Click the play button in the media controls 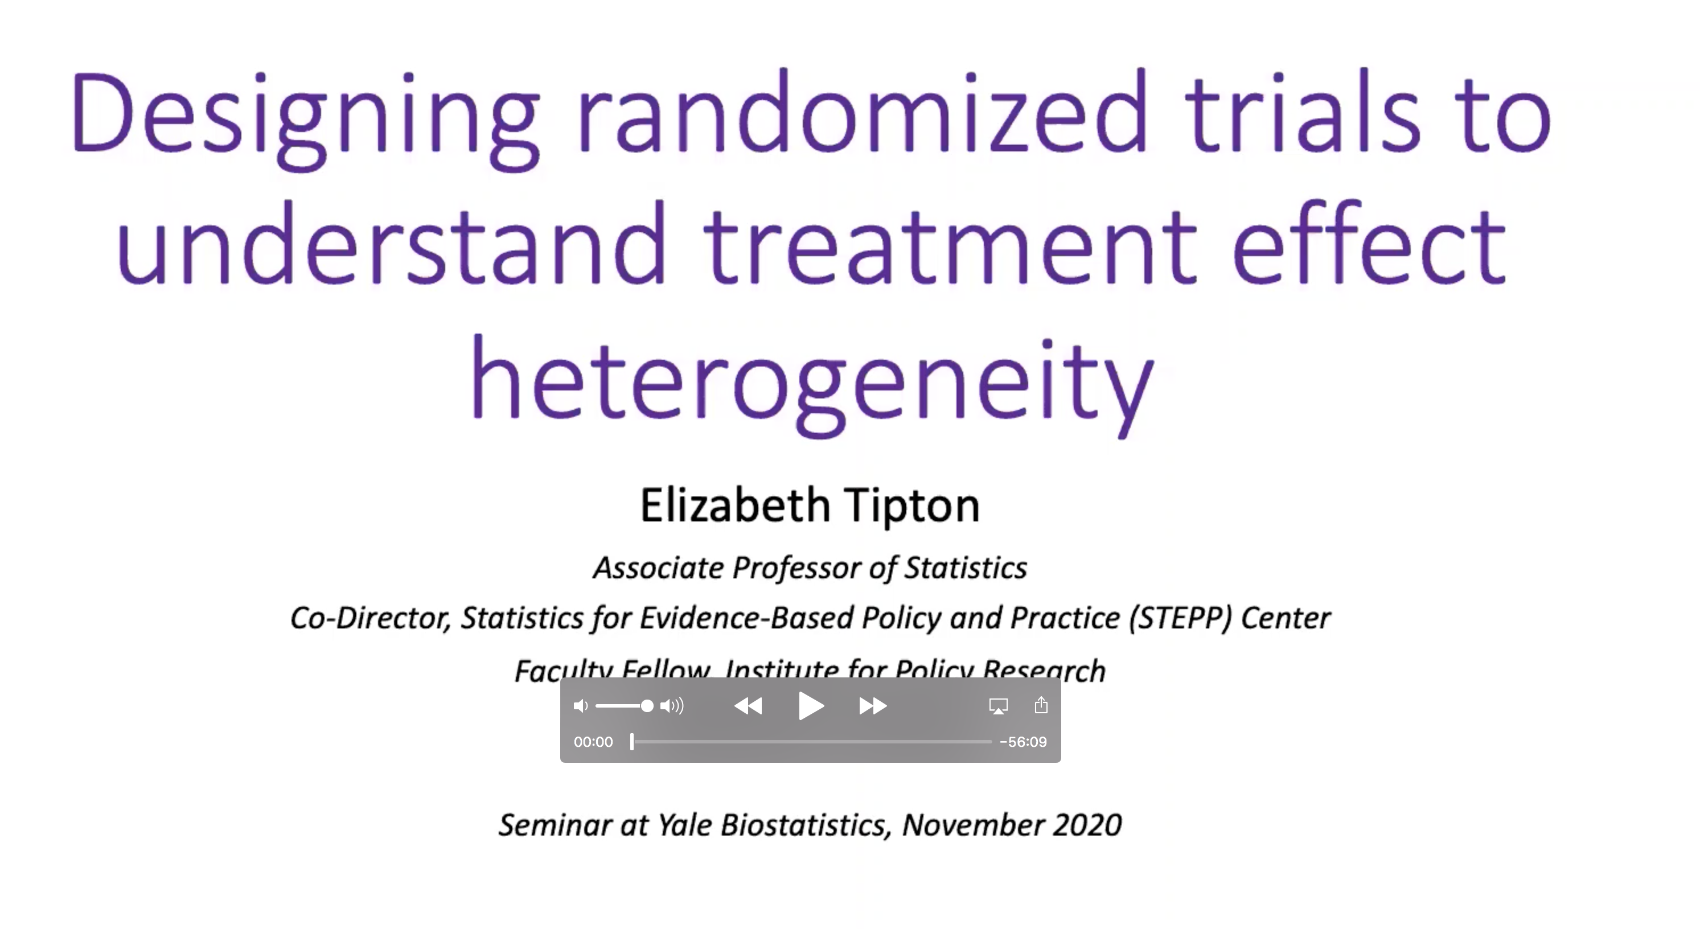click(x=810, y=706)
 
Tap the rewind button click(x=748, y=706)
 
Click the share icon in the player click(x=1041, y=705)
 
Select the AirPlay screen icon click(x=998, y=706)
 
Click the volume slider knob click(x=647, y=706)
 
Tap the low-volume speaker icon click(x=580, y=706)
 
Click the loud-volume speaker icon click(x=672, y=706)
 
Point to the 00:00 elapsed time click(x=593, y=742)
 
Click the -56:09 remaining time click(x=1023, y=742)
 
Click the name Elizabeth click(x=734, y=505)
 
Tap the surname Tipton click(x=912, y=505)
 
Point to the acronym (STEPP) click(x=1180, y=618)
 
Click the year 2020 click(x=1087, y=825)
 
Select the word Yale click(x=684, y=825)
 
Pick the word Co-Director click(x=370, y=618)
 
